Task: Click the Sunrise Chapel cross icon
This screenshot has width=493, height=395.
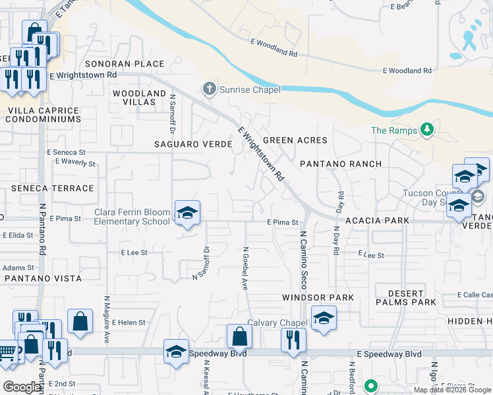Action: pos(210,89)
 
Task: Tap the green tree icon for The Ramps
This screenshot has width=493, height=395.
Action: pos(427,130)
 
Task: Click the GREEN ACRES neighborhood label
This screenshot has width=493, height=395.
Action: pos(295,140)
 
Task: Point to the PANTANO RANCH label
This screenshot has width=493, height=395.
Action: pos(341,163)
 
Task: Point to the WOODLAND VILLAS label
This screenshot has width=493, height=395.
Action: pos(139,98)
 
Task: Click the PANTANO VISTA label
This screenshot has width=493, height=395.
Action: pos(43,278)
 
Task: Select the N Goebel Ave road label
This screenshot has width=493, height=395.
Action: pos(245,269)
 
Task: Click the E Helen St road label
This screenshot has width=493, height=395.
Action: pos(129,323)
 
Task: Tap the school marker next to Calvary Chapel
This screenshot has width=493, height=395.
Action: pos(323,318)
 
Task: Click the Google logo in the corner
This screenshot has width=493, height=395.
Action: pos(22,387)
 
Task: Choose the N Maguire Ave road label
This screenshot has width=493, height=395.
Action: pos(105,319)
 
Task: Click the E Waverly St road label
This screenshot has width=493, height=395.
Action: pos(76,162)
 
